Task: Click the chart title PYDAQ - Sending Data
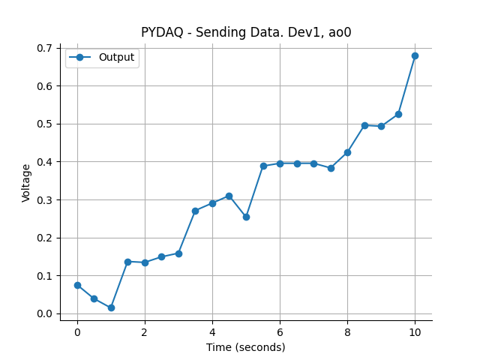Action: [x=246, y=32]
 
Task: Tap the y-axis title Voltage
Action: [x=27, y=182]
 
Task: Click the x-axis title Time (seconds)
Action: [x=246, y=347]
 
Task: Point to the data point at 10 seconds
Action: [x=415, y=55]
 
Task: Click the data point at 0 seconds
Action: [x=77, y=285]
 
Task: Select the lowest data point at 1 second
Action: [x=111, y=307]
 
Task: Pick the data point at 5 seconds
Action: [x=246, y=217]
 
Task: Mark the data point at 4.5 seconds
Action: [x=229, y=196]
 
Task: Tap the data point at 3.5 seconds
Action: [x=195, y=211]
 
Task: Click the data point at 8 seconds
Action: [x=347, y=152]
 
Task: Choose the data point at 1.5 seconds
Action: [x=127, y=262]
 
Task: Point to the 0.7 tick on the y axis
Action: [x=46, y=48]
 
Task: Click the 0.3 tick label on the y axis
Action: [x=46, y=200]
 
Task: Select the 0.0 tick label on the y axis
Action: [x=46, y=314]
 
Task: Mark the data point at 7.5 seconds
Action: [x=331, y=168]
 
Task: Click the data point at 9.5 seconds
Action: [x=398, y=114]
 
